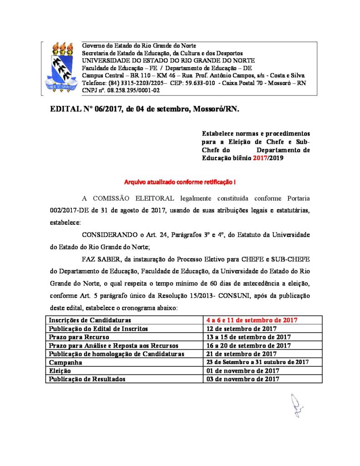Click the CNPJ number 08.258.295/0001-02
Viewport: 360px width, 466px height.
pos(128,91)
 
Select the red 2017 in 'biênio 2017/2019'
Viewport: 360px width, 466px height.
pos(260,157)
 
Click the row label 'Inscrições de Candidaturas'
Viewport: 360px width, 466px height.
pos(90,320)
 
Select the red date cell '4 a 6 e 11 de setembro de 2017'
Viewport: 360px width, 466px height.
pos(252,320)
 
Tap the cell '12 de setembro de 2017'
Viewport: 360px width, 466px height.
pos(243,329)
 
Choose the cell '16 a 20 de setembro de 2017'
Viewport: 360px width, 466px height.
pos(248,345)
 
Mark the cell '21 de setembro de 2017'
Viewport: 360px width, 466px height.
pos(243,354)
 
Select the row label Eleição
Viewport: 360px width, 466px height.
pos(61,370)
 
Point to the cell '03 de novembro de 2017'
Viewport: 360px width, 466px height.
pos(243,379)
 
